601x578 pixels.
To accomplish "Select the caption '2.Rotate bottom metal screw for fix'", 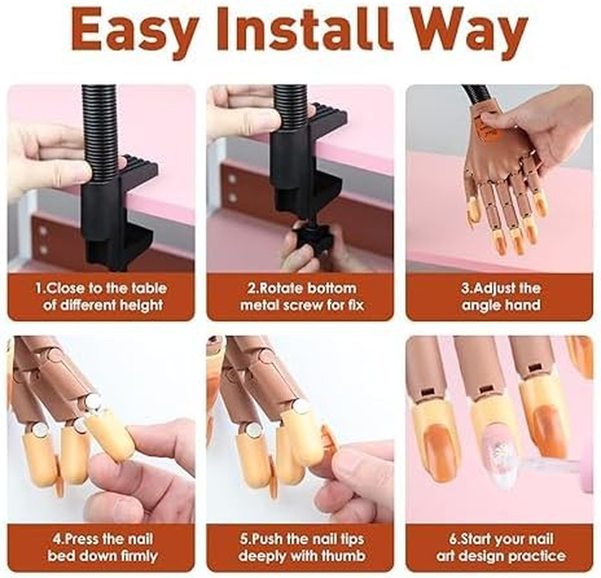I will pyautogui.click(x=300, y=296).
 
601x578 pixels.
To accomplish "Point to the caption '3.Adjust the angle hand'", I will pyautogui.click(x=501, y=296).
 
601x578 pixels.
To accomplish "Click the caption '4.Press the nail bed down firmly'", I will pyautogui.click(x=100, y=547).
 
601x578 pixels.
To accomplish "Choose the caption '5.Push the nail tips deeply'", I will pyautogui.click(x=300, y=547).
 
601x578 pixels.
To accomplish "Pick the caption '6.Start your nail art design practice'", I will pyautogui.click(x=501, y=547).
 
